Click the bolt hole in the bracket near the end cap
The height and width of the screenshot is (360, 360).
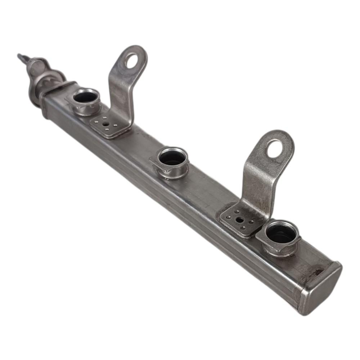click(x=275, y=148)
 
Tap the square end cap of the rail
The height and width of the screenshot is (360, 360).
click(x=322, y=288)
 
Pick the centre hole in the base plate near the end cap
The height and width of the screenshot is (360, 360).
click(x=239, y=220)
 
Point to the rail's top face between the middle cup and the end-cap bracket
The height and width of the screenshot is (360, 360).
click(x=209, y=187)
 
